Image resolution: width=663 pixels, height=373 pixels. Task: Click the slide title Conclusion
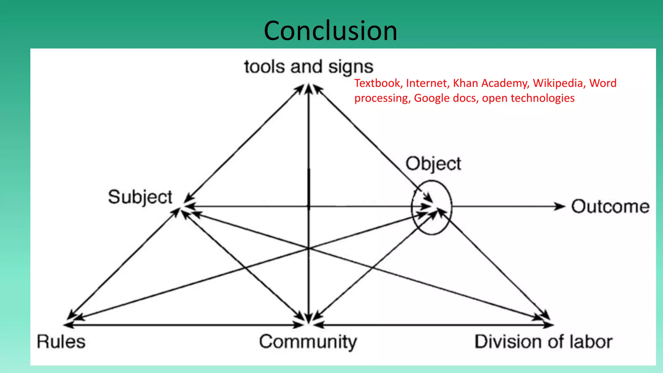pos(330,31)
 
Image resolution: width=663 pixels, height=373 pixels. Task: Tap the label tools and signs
pos(309,67)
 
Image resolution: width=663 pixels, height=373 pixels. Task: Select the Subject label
pos(140,197)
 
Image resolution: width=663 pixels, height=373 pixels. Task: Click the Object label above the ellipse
pos(433,164)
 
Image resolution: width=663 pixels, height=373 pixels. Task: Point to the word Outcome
pos(610,207)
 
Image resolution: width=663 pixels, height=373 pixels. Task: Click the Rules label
pos(61,342)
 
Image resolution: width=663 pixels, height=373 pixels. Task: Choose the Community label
pos(308,342)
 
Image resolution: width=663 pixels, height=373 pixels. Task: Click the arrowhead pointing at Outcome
pos(559,206)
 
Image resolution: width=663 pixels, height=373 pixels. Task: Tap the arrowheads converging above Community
pos(309,319)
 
